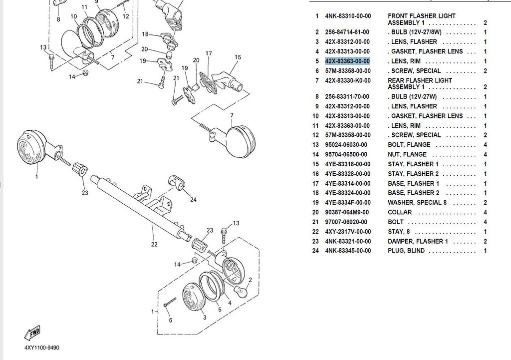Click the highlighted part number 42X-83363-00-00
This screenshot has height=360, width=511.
coord(347,61)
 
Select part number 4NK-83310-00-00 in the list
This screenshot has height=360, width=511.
coord(347,16)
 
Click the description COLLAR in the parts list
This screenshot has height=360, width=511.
coord(400,212)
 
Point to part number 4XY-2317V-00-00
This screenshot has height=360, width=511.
coord(347,232)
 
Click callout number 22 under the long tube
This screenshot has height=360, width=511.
coord(154,244)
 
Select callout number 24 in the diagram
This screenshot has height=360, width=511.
coord(193,200)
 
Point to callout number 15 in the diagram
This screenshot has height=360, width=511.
coord(238,57)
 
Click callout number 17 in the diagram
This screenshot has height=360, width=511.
coord(209,53)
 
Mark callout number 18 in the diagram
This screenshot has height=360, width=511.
coord(145,34)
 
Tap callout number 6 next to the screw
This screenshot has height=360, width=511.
coord(170,320)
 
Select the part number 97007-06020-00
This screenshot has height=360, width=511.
coord(346,222)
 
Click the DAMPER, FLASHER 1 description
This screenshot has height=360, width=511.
coord(418,241)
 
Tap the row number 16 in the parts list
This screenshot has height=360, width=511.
coord(315,174)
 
